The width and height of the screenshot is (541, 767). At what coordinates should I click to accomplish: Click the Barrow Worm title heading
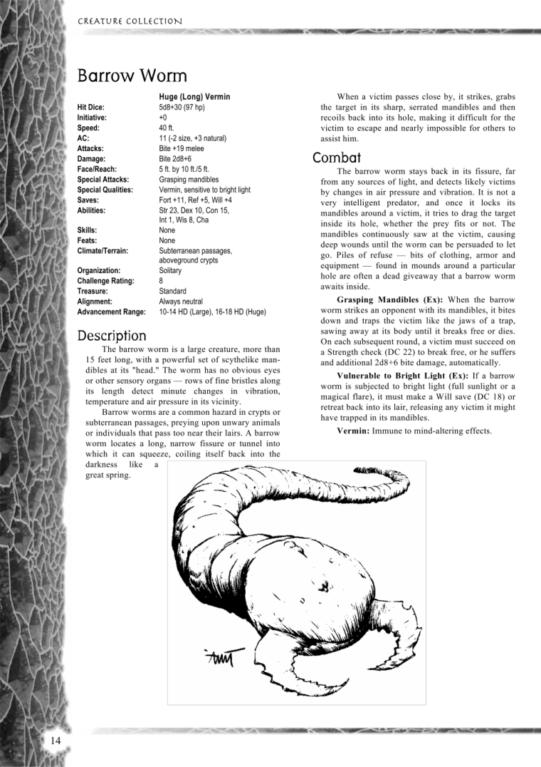(x=132, y=76)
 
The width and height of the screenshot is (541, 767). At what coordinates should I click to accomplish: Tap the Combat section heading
(x=337, y=158)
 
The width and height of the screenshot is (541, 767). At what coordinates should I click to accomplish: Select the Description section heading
(x=112, y=335)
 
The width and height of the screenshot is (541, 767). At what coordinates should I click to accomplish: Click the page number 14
(x=56, y=741)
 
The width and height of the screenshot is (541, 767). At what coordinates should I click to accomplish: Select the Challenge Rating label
(x=105, y=281)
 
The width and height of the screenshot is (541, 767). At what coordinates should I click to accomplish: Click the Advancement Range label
(x=111, y=312)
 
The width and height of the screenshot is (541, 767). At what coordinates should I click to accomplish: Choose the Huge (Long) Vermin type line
(x=194, y=96)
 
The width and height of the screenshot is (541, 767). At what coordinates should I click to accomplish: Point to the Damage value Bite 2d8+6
(x=175, y=158)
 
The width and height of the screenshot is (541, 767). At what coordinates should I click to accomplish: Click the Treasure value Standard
(x=172, y=291)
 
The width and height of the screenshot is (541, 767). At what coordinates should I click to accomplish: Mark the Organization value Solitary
(x=170, y=271)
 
